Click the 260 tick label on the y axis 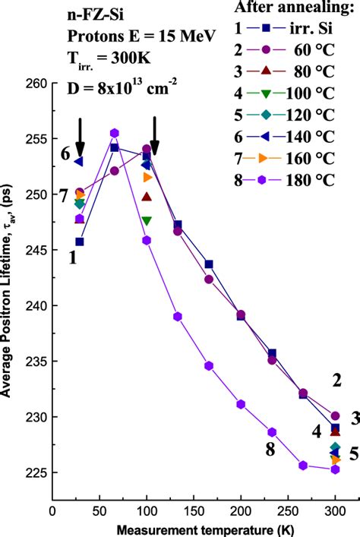(36, 84)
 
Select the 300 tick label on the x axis (335, 511)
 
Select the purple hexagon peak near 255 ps (115, 133)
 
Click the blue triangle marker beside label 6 (79, 161)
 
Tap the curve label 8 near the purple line (270, 450)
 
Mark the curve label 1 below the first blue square (72, 257)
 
